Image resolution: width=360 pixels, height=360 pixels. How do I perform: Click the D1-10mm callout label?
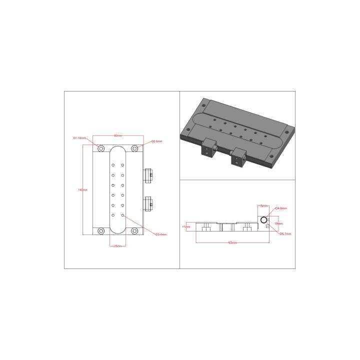[x=80, y=137]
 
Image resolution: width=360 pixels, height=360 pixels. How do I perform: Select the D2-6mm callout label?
[x=156, y=141]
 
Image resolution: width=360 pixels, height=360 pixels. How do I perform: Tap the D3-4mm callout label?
[x=160, y=234]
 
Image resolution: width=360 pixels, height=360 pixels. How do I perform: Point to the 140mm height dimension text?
[x=83, y=190]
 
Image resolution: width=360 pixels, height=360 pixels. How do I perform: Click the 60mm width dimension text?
[x=118, y=135]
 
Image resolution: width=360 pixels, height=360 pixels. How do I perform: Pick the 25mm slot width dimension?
[x=118, y=246]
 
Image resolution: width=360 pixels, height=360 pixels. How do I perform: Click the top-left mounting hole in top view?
[x=101, y=148]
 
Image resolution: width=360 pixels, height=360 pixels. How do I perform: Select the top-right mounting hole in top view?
[x=134, y=148]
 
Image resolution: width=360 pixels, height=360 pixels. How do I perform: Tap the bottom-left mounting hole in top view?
[x=101, y=231]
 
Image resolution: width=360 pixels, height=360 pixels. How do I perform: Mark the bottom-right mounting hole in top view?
[x=134, y=231]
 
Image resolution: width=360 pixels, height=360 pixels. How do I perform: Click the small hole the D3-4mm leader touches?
[x=123, y=215]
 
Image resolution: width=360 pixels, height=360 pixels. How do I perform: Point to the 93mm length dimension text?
[x=232, y=242]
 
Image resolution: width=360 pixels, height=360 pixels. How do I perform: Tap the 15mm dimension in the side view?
[x=263, y=205]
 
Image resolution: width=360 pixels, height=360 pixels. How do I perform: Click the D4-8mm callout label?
[x=280, y=208]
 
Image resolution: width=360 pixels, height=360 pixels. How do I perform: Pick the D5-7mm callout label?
[x=285, y=233]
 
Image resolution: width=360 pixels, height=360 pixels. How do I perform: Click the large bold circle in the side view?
[x=264, y=219]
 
